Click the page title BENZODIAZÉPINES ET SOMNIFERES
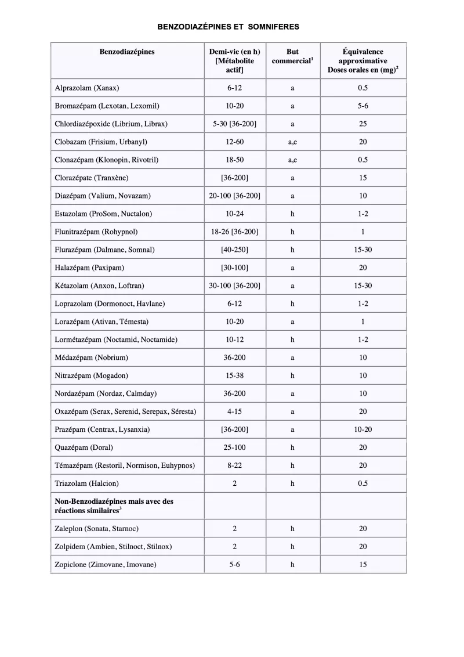[229, 27]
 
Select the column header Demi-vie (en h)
[234, 52]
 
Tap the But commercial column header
[292, 56]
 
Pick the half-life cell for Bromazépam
[234, 106]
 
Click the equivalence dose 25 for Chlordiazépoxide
[362, 124]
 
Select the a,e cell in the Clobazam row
[292, 142]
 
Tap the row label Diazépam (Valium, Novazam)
[102, 196]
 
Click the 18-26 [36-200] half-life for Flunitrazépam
[234, 232]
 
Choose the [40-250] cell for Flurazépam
[234, 250]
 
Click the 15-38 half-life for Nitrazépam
[234, 376]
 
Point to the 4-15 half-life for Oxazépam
[234, 411]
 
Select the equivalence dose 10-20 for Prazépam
[362, 429]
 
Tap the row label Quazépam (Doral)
[84, 447]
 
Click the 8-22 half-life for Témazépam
[234, 465]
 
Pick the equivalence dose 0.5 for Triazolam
[362, 483]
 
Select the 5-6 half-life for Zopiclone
[234, 564]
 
